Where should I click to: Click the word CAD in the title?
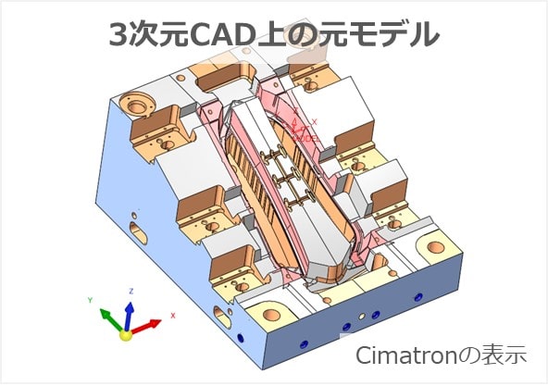click(221, 34)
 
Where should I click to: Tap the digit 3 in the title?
click(118, 34)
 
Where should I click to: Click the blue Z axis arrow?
click(129, 316)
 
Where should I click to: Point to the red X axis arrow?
click(144, 326)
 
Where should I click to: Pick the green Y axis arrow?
click(111, 318)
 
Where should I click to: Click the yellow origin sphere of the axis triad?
click(126, 335)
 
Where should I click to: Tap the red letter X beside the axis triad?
click(173, 316)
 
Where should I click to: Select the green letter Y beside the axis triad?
click(90, 300)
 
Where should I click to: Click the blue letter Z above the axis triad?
click(131, 291)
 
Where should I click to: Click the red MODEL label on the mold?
click(306, 138)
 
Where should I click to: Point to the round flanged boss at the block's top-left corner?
click(135, 104)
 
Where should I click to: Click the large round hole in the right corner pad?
click(435, 247)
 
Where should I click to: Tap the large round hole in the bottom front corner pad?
click(272, 315)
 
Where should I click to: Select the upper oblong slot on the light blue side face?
click(139, 232)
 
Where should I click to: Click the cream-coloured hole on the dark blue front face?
click(362, 317)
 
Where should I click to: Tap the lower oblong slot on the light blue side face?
click(222, 318)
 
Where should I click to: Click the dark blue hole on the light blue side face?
click(240, 338)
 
